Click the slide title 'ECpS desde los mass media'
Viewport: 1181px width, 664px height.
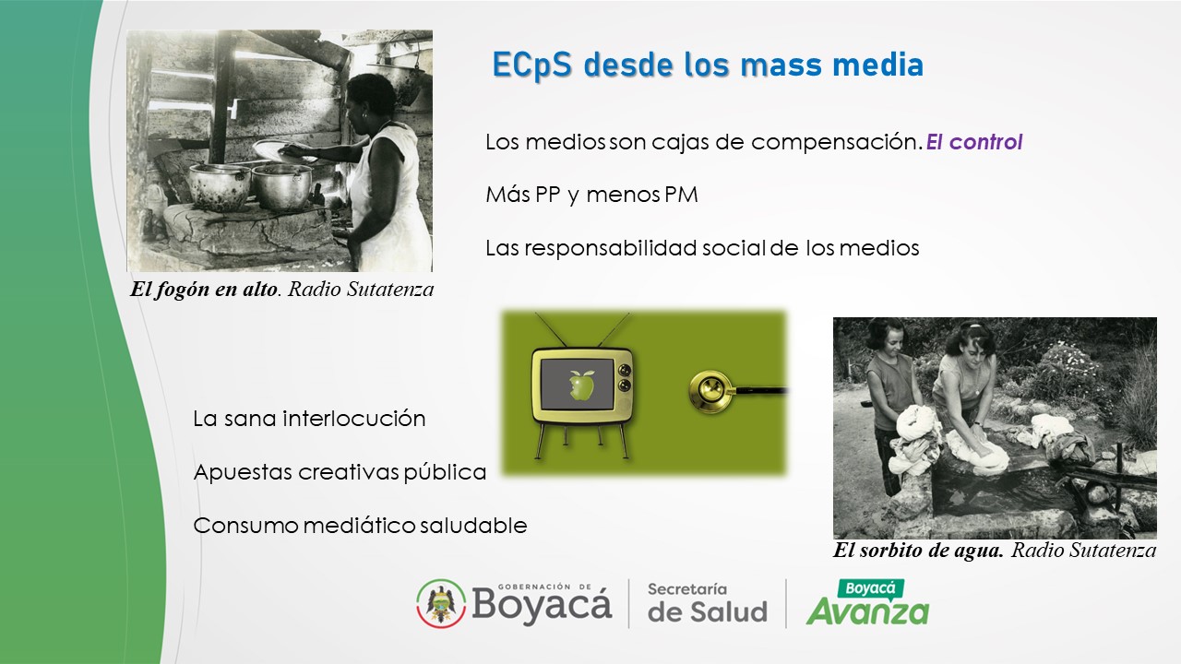pos(708,65)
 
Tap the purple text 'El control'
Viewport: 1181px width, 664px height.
pos(974,142)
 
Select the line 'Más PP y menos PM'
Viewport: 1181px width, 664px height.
pos(591,195)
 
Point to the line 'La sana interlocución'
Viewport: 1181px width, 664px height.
pos(309,419)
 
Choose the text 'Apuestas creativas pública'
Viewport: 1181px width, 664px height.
pos(340,472)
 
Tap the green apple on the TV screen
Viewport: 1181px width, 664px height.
pos(582,383)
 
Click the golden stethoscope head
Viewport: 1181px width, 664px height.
pos(710,391)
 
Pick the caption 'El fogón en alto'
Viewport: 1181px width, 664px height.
pos(204,290)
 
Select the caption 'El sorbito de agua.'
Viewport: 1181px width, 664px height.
pos(918,551)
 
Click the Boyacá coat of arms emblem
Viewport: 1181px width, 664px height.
pos(441,603)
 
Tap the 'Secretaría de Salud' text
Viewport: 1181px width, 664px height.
pos(708,603)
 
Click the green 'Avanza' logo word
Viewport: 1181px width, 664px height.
pos(868,611)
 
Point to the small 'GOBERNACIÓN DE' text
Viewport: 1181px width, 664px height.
pos(544,587)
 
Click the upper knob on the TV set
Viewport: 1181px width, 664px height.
pos(625,369)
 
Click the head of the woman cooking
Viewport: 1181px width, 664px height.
pos(370,101)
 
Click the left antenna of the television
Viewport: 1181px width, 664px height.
pos(551,330)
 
